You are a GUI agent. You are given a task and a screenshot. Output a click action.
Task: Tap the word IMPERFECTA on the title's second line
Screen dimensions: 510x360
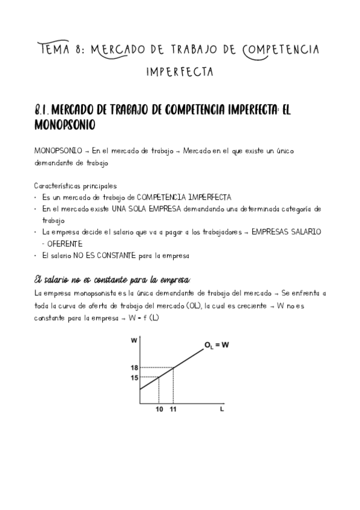tap(180, 73)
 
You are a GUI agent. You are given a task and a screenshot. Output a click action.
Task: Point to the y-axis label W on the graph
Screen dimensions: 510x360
tap(133, 341)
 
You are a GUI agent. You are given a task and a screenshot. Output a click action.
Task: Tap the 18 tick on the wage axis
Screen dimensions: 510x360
tap(135, 368)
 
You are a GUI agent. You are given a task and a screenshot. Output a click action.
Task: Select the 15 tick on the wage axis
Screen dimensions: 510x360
tap(135, 378)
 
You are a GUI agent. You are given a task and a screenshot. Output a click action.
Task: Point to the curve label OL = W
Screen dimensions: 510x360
tap(216, 345)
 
